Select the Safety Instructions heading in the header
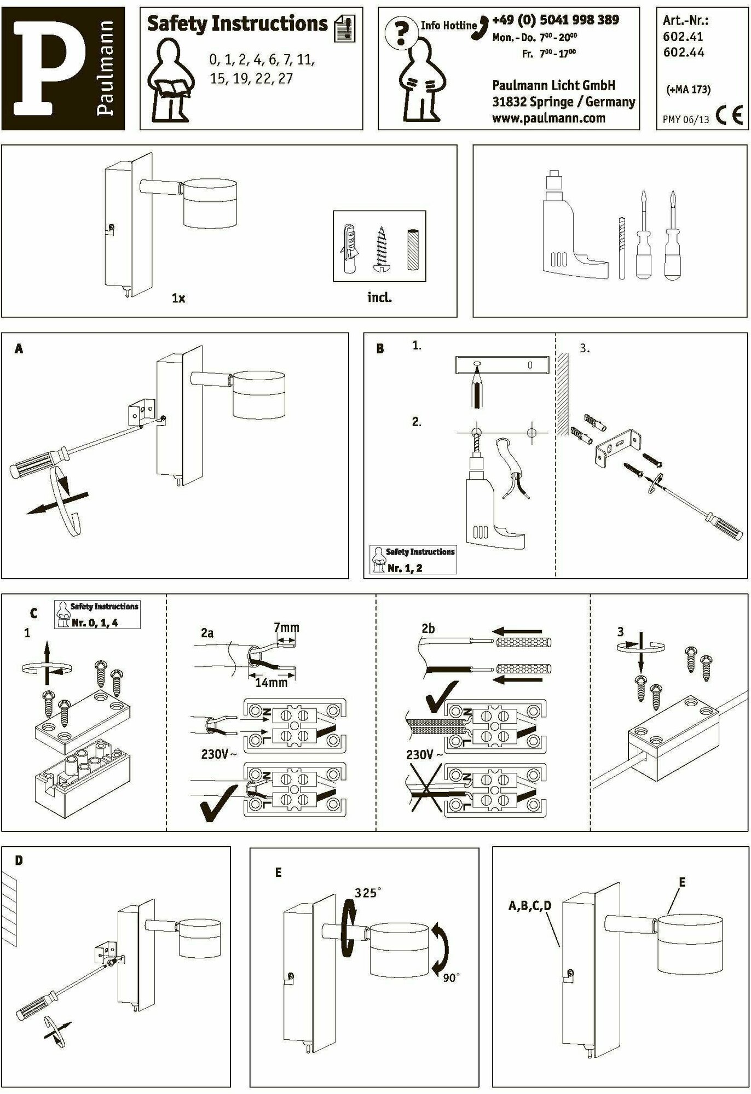pos(237,24)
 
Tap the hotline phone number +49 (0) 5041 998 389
pos(555,20)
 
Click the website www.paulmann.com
pos(548,118)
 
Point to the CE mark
pos(730,117)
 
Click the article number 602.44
pos(683,53)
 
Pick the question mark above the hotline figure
pos(401,33)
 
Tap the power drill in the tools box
pos(569,230)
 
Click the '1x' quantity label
pos(178,298)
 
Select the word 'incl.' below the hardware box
pos(379,298)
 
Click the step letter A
pos(19,349)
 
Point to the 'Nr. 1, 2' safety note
pos(405,568)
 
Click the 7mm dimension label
pos(286,627)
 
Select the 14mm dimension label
pos(271,683)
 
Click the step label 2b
pos(428,629)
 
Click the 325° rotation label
pos(366,893)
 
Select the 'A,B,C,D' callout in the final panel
pos(529,906)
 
